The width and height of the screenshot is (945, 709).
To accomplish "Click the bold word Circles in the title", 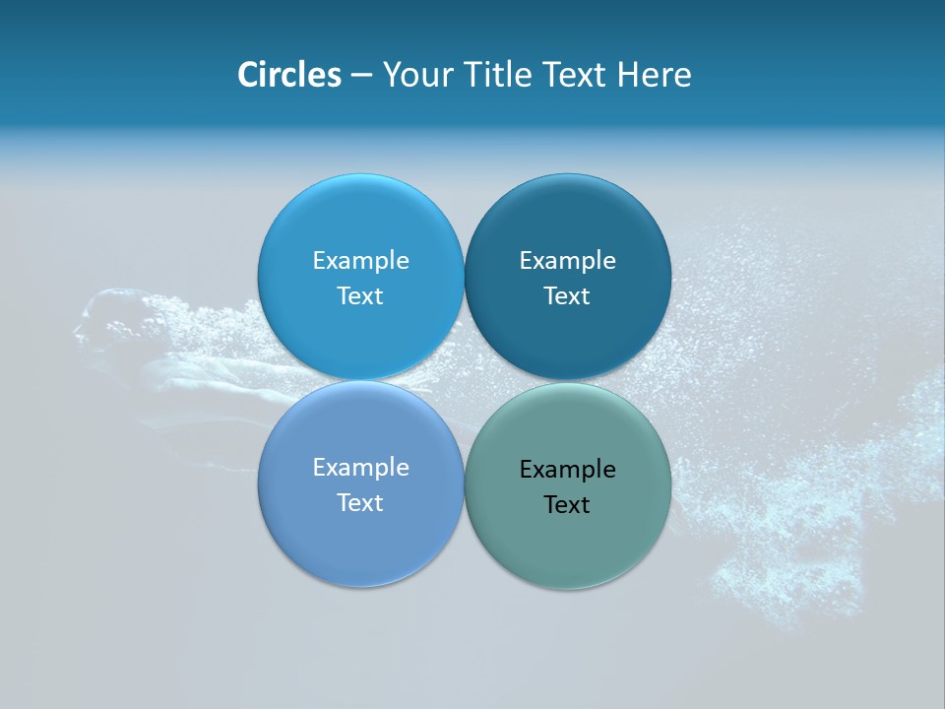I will pyautogui.click(x=288, y=75).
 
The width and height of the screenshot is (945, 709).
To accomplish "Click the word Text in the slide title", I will pyautogui.click(x=575, y=75).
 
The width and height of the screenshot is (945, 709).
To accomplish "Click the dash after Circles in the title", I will pyautogui.click(x=360, y=76).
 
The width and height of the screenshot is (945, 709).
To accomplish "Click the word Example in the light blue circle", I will pyautogui.click(x=360, y=260).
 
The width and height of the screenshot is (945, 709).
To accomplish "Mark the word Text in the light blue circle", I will pyautogui.click(x=360, y=295).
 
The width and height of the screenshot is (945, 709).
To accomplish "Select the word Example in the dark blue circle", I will pyautogui.click(x=567, y=260).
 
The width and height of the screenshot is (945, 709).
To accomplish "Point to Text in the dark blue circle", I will pyautogui.click(x=567, y=295).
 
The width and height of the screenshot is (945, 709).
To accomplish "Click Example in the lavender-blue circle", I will pyautogui.click(x=360, y=467).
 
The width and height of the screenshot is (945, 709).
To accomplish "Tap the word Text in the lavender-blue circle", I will pyautogui.click(x=360, y=502).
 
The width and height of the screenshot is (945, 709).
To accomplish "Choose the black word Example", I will pyautogui.click(x=567, y=469).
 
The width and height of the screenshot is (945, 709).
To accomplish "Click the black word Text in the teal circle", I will pyautogui.click(x=567, y=504).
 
